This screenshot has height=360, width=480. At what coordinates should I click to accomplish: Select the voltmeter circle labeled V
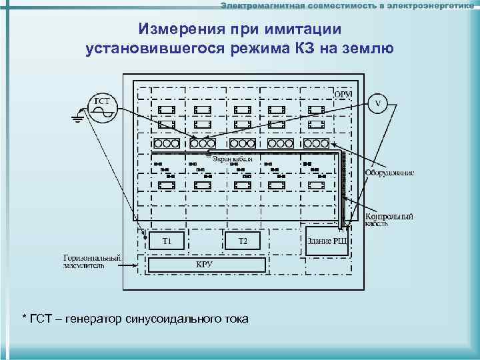pos(378,103)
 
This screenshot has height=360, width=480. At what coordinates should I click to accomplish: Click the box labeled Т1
pos(167,240)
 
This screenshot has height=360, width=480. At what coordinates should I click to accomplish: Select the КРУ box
pos(205,265)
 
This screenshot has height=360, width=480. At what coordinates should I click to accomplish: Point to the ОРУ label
pos(343,94)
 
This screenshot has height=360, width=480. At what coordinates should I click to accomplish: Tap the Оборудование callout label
pos(389,173)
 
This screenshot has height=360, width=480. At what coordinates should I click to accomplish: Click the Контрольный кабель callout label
pos(389,220)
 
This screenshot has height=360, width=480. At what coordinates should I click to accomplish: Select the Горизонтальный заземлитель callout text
pos(92,261)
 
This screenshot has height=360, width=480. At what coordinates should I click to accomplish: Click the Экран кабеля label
pos(233,159)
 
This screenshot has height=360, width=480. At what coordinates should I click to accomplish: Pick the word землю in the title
pos(364,48)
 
